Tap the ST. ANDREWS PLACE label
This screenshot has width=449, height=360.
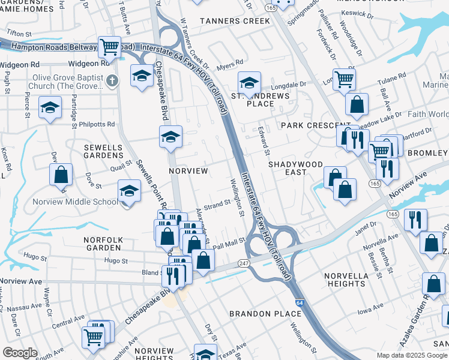tap(261, 100)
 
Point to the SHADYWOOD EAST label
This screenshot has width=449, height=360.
tap(295, 168)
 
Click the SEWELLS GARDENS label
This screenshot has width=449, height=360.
tap(103, 151)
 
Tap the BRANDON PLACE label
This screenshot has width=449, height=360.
tap(266, 314)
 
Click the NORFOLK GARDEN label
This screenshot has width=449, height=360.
tap(103, 244)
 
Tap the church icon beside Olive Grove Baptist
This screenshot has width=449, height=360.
tap(111, 80)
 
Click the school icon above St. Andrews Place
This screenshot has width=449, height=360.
tap(249, 82)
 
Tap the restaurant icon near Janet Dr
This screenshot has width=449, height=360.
tap(415, 219)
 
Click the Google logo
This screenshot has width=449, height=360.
tap(20, 353)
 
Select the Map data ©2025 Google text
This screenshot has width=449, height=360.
tap(411, 355)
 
